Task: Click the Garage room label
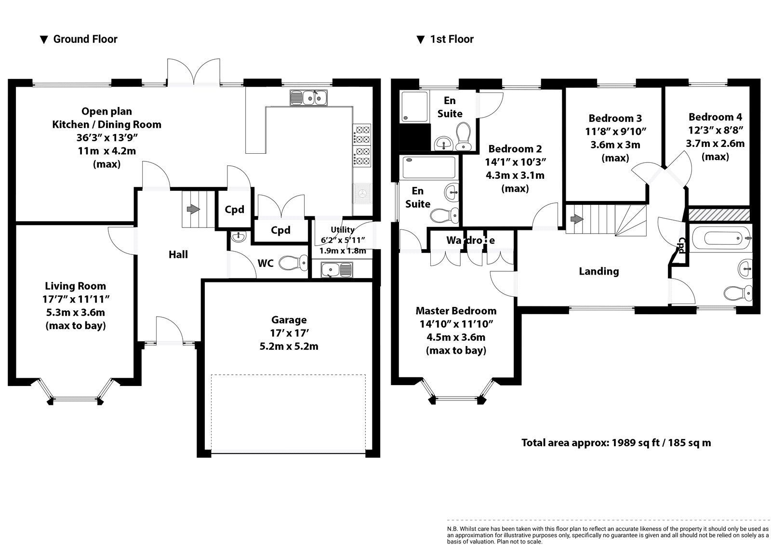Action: [289, 320]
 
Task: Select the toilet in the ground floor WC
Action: [293, 263]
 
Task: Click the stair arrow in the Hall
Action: [193, 209]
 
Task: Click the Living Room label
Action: [75, 286]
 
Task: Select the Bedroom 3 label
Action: [615, 118]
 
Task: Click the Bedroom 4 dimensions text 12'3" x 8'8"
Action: [715, 130]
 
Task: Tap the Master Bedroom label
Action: [456, 311]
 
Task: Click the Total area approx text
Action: [616, 442]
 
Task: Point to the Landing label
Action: [598, 271]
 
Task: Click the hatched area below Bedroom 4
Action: [718, 214]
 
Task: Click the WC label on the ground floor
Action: [266, 263]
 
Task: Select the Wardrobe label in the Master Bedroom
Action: [470, 240]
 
